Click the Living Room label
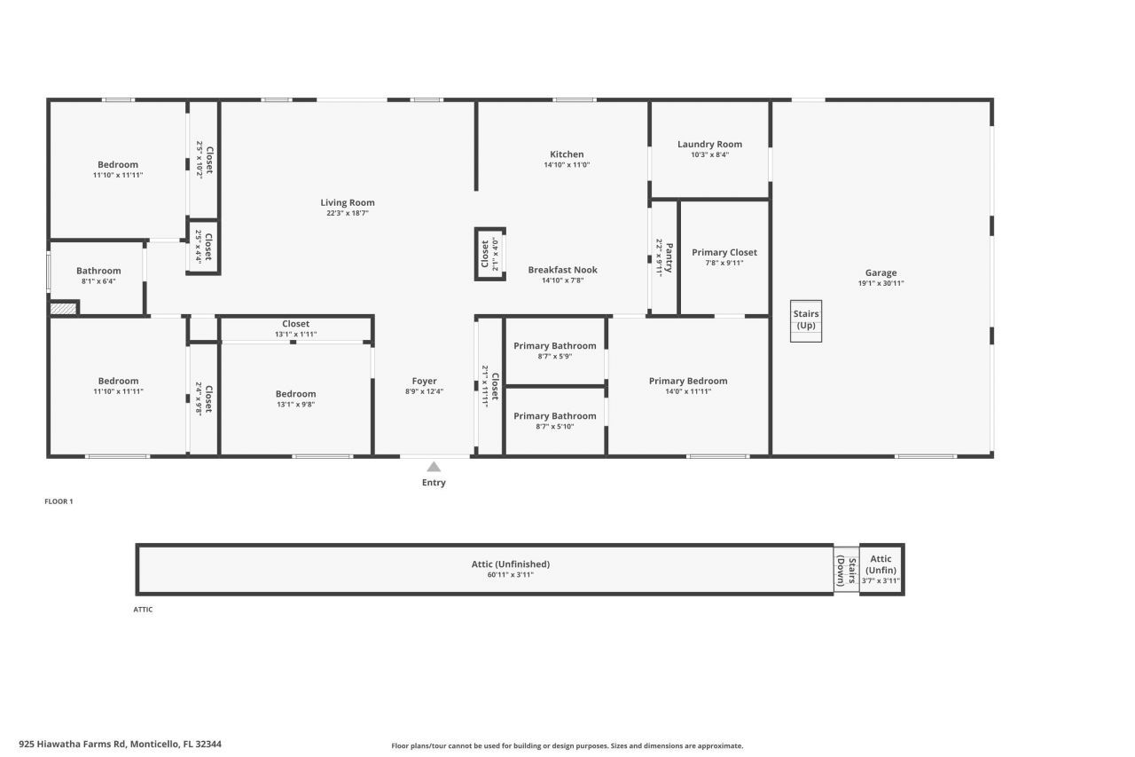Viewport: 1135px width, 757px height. click(x=348, y=202)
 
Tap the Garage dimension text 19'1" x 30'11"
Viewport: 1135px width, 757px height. click(x=881, y=284)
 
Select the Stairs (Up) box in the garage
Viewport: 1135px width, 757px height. click(x=806, y=320)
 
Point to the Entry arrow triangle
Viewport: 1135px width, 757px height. click(x=434, y=467)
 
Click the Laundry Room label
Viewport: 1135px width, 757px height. click(x=709, y=144)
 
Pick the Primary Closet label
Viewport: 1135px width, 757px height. click(x=724, y=252)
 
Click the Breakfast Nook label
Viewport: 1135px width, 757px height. click(x=562, y=270)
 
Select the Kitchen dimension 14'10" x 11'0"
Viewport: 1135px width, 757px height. click(x=567, y=165)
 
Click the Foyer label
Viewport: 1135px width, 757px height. click(x=424, y=381)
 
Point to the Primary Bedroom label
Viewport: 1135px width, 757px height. click(x=688, y=381)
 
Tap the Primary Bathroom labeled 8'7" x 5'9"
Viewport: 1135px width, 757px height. click(x=555, y=346)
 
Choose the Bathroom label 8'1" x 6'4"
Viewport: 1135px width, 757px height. click(x=98, y=271)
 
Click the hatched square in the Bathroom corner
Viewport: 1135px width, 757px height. click(x=63, y=309)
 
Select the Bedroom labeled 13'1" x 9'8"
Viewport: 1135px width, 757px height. click(x=295, y=394)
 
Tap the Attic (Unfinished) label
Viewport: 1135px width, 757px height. click(x=511, y=564)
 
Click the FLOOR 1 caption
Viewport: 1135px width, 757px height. click(x=59, y=501)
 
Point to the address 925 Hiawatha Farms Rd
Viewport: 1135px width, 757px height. click(x=120, y=745)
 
